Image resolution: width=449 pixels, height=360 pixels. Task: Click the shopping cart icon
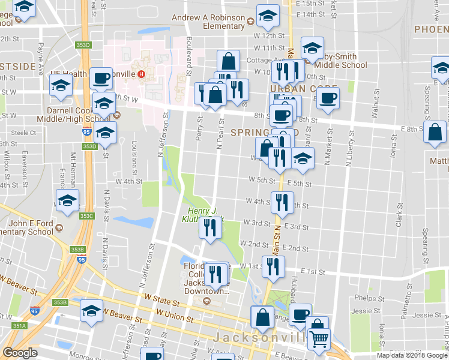coord(318,339)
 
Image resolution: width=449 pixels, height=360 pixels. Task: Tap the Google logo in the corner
coord(20,353)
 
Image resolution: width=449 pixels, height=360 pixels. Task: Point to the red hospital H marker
coord(141,74)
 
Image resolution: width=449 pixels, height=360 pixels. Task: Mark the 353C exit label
coord(86,216)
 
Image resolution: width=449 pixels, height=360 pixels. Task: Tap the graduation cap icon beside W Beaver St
coord(91,311)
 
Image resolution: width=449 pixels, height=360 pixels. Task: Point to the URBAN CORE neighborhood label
coord(295,88)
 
